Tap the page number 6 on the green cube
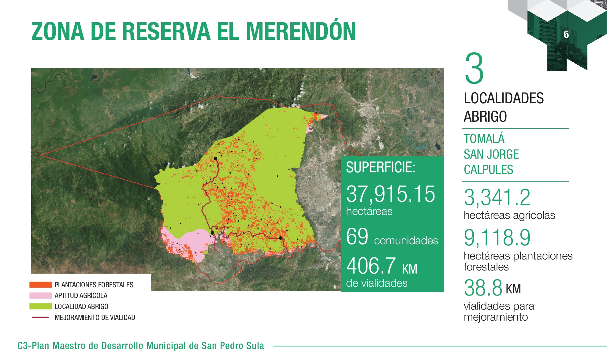pos(566,35)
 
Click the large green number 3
pos(474,68)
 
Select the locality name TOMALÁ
pos(484,139)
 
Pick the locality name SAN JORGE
pos(491,154)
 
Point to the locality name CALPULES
pos(489,170)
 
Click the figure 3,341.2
pos(497,197)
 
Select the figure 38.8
pos(483,288)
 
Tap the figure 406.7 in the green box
pos(371,266)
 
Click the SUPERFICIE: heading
pos(381,167)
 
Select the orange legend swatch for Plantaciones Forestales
pos(41,285)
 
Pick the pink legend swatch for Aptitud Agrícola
pos(41,296)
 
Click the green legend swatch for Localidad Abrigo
pos(41,306)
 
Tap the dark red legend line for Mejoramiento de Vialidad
pos(40,317)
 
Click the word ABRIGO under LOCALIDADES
pos(485,116)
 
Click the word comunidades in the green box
pos(406,241)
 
